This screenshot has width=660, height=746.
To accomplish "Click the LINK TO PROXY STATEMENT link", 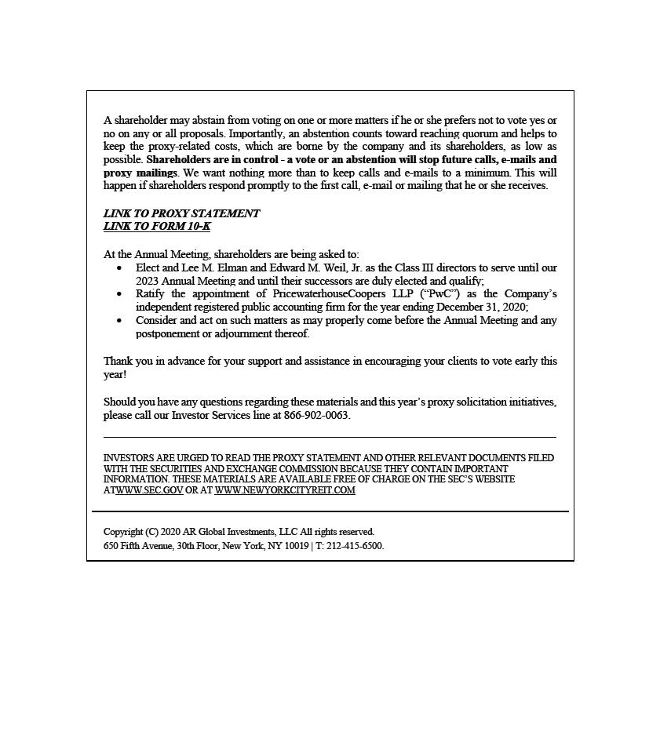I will pyautogui.click(x=181, y=213).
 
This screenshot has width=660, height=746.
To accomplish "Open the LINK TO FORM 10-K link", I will pyautogui.click(x=157, y=227).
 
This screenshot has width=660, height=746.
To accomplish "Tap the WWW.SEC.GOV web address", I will pyautogui.click(x=149, y=490).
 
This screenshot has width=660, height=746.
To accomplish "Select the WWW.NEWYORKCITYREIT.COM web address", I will pyautogui.click(x=285, y=490).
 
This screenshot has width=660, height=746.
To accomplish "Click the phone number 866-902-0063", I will pyautogui.click(x=316, y=416).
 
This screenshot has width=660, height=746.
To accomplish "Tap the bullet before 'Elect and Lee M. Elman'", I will pyautogui.click(x=119, y=268).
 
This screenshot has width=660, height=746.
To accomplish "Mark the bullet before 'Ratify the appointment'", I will pyautogui.click(x=119, y=294).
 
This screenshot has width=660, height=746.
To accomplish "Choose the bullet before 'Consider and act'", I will pyautogui.click(x=119, y=321).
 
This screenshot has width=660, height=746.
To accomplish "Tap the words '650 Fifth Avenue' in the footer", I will pyautogui.click(x=138, y=546).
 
